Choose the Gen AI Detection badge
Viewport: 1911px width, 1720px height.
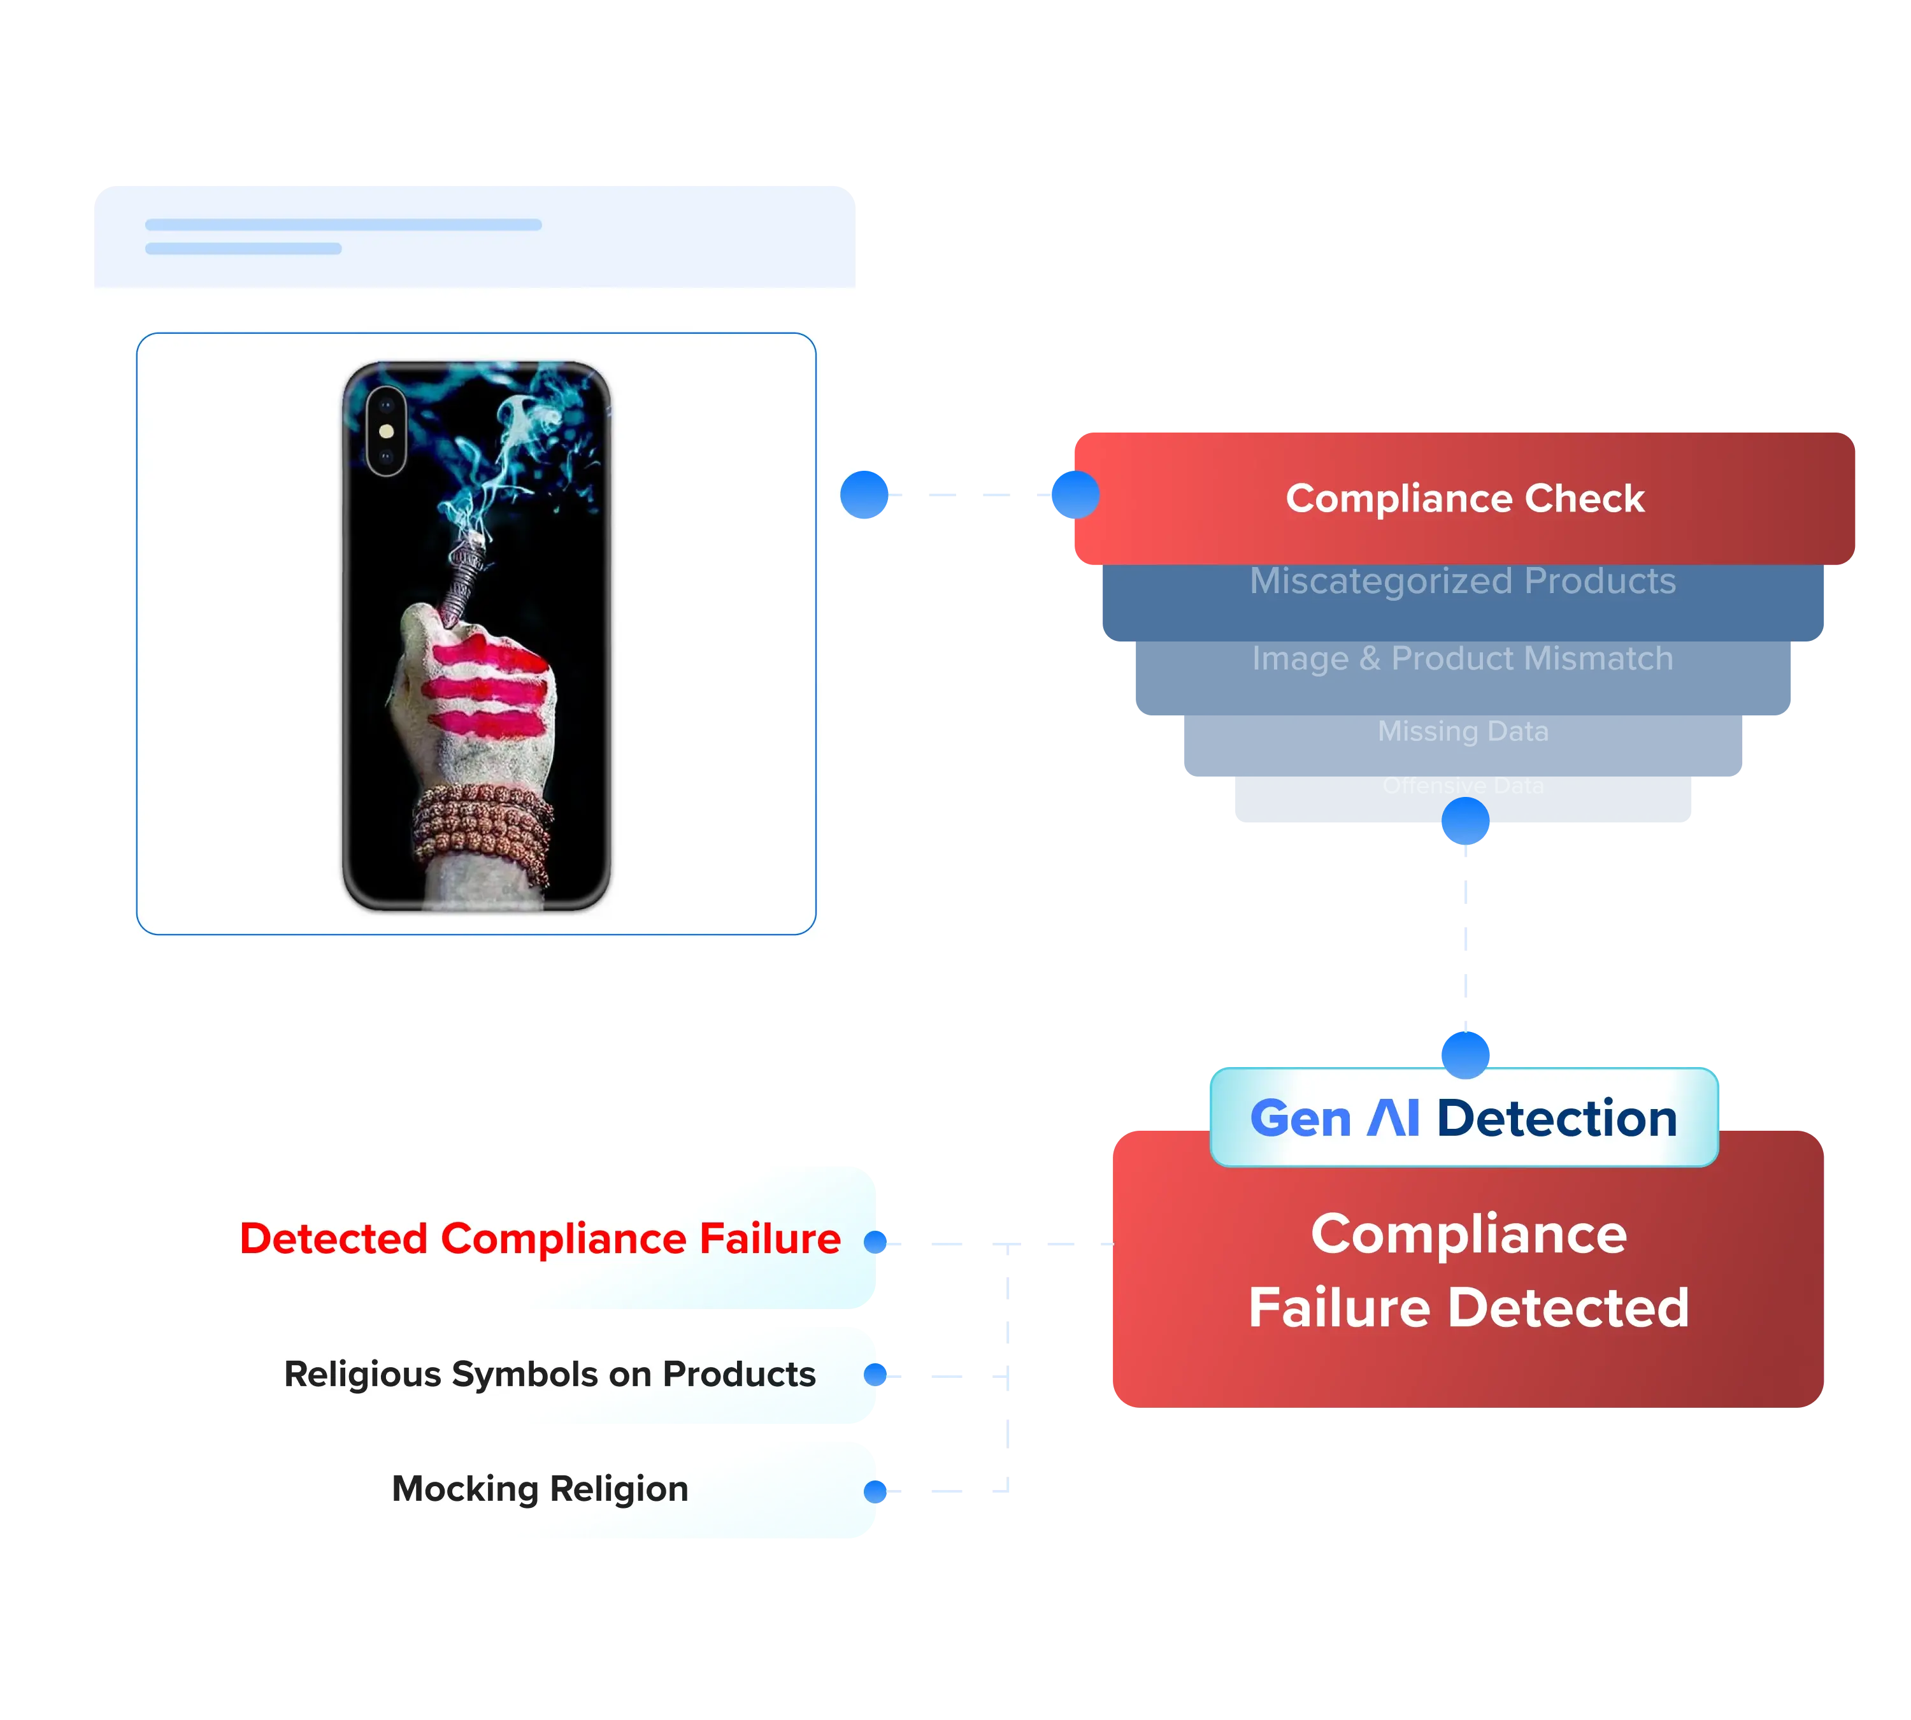pyautogui.click(x=1463, y=1118)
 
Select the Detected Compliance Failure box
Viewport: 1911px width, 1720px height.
pyautogui.click(x=540, y=1238)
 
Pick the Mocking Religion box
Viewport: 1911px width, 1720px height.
pyautogui.click(x=540, y=1489)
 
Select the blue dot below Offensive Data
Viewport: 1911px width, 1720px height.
pyautogui.click(x=1465, y=821)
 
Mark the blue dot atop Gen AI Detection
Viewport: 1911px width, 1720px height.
pyautogui.click(x=1465, y=1054)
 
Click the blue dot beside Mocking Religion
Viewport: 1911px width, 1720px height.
pyautogui.click(x=876, y=1491)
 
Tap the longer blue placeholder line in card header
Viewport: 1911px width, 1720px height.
pyautogui.click(x=343, y=225)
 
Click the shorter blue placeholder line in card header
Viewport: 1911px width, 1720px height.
pyautogui.click(x=243, y=248)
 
